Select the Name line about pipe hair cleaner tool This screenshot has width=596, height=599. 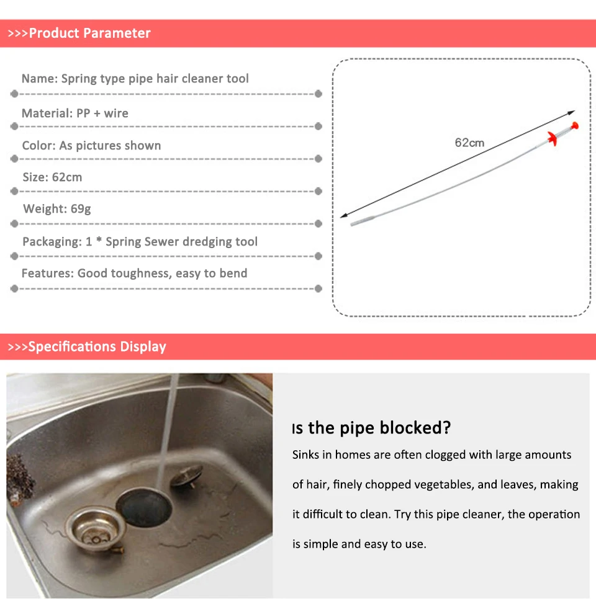click(x=135, y=79)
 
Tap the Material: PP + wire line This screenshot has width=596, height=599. click(x=74, y=113)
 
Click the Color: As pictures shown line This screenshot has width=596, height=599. click(x=91, y=146)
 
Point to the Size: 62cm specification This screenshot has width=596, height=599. click(x=52, y=177)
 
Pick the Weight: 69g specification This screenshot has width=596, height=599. click(x=56, y=209)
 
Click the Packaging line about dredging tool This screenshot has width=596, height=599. click(x=140, y=242)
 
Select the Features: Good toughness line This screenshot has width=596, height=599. click(x=134, y=273)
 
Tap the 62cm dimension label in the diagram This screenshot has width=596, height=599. click(x=469, y=143)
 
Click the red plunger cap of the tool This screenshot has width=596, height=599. click(x=577, y=126)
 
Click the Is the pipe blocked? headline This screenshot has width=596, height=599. click(x=371, y=428)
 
